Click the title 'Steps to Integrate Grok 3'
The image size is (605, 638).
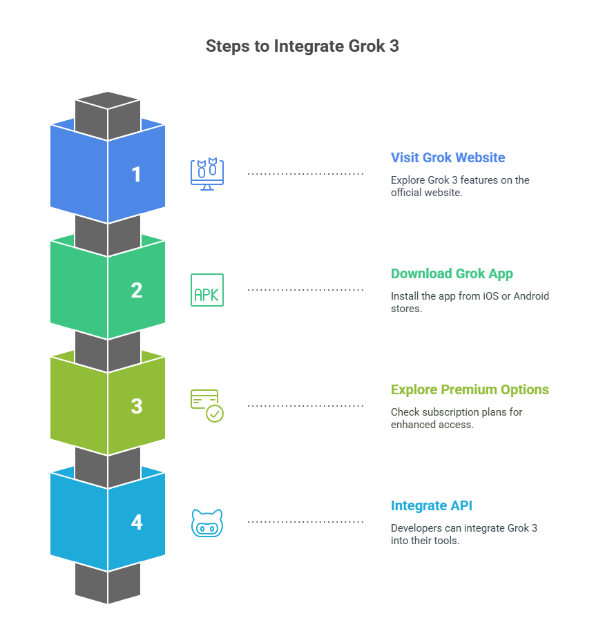pos(302,46)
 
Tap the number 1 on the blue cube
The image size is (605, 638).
pos(137,174)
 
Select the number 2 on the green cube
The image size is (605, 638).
pos(137,290)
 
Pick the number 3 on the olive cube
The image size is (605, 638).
pos(137,406)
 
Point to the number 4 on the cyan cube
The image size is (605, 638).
pos(137,522)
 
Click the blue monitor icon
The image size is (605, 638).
pos(207,174)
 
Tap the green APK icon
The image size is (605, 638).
pos(207,290)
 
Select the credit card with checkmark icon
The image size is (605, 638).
pos(207,405)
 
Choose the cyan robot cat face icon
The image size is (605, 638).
pos(207,523)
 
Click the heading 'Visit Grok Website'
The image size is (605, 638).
pos(448,157)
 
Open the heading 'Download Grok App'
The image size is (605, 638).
pos(452,273)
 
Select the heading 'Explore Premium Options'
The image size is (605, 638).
pos(470,389)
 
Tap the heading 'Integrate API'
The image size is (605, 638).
pos(432,505)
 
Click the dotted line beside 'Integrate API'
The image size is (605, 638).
pos(305,522)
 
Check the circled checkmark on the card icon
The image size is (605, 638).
pos(215,414)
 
